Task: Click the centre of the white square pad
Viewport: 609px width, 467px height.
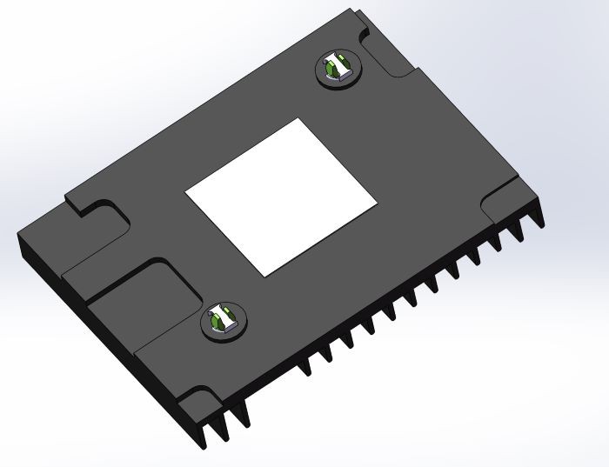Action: point(281,192)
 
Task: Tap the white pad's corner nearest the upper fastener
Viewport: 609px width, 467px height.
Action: point(300,119)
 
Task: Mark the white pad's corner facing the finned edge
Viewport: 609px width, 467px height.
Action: point(376,209)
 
